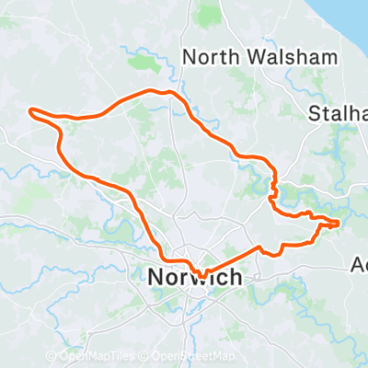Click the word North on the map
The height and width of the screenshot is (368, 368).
pyautogui.click(x=208, y=56)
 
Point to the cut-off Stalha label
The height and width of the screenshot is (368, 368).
pyautogui.click(x=338, y=113)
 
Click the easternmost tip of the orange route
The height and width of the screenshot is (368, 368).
pyautogui.click(x=339, y=223)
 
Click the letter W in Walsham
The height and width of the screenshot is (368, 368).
pyautogui.click(x=246, y=56)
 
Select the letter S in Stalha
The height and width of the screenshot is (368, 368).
pyautogui.click(x=314, y=113)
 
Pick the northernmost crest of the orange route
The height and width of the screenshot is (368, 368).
pyautogui.click(x=166, y=91)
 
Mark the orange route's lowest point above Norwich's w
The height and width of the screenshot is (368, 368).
pyautogui.click(x=201, y=274)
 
